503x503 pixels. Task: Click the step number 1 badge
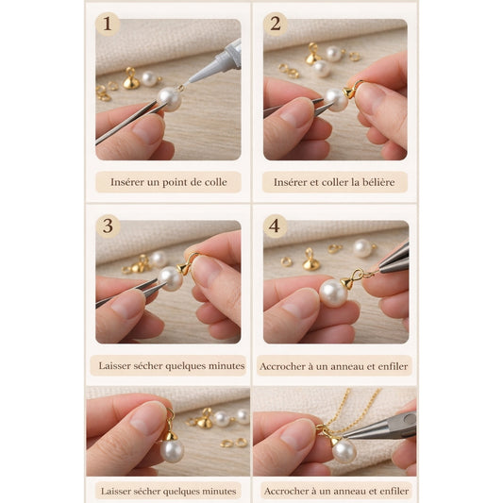pos(108,24)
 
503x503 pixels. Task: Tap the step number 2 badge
pos(276,24)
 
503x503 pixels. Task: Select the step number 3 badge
pos(108,226)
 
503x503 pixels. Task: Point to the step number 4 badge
pos(275,226)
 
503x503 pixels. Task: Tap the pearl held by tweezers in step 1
pos(170,99)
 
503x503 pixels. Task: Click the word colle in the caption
pos(215,182)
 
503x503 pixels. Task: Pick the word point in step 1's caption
pos(175,182)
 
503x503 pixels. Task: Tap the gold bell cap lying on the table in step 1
pos(131,79)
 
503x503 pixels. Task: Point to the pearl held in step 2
pos(337,100)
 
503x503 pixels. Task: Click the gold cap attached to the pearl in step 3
pos(183,268)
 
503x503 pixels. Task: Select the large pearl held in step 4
pos(334,293)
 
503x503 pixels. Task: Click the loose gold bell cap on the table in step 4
pos(310,260)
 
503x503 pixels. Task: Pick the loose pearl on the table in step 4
pos(362,248)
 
